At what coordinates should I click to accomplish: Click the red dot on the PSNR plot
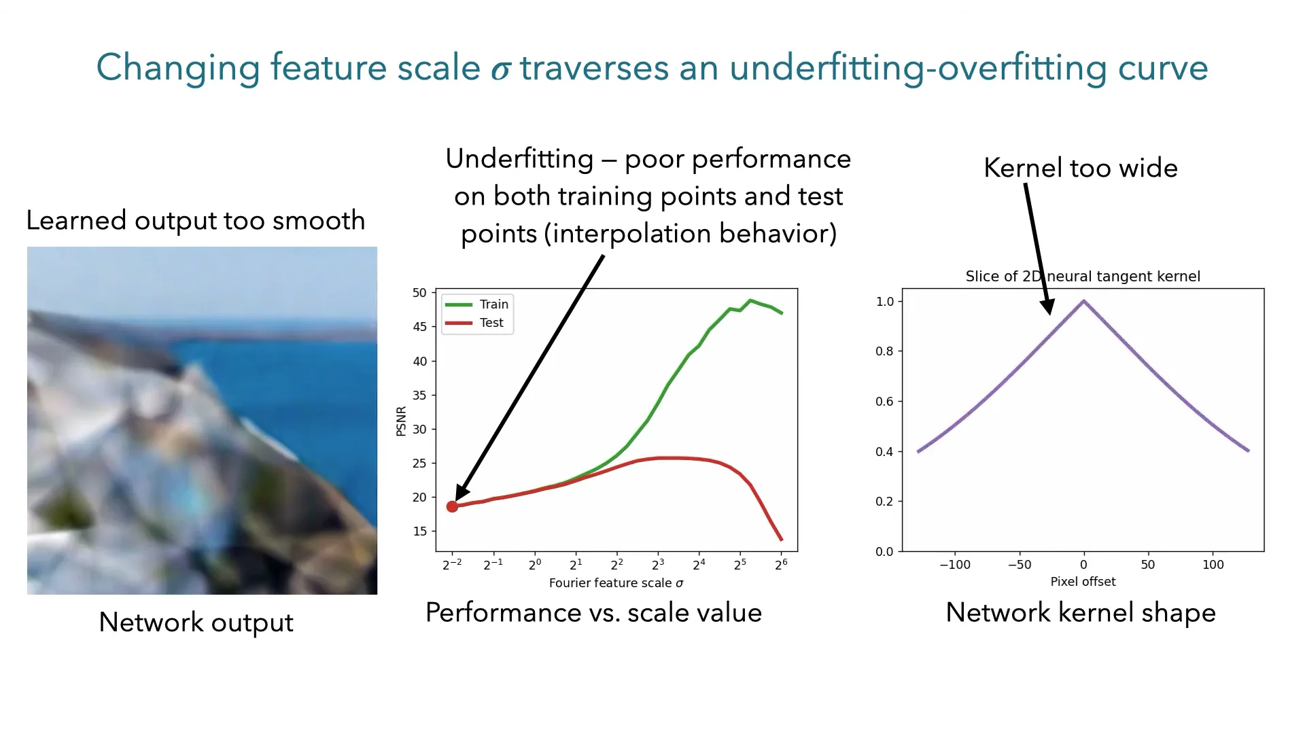(452, 506)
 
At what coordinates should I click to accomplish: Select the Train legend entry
(476, 304)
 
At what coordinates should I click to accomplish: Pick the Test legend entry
(474, 323)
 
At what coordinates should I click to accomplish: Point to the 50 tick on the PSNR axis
(419, 293)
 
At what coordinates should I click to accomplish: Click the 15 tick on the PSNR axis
(419, 531)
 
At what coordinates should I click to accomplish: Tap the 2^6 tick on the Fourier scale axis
(782, 564)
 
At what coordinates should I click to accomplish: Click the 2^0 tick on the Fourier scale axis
(535, 564)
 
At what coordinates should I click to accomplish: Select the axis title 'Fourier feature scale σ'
(616, 583)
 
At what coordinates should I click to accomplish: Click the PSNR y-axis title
(401, 421)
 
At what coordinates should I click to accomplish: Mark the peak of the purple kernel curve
(1083, 300)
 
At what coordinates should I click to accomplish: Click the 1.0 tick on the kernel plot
(885, 302)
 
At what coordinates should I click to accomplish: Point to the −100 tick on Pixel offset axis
(955, 565)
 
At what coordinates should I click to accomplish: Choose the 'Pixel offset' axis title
(1083, 582)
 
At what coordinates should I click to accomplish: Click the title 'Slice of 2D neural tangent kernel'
(1083, 277)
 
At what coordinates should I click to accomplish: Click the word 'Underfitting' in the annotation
(520, 159)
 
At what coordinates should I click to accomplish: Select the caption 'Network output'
(196, 623)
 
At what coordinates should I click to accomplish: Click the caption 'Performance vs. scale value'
(593, 612)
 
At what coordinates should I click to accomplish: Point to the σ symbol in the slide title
(501, 70)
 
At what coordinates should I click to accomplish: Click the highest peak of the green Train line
(750, 300)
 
